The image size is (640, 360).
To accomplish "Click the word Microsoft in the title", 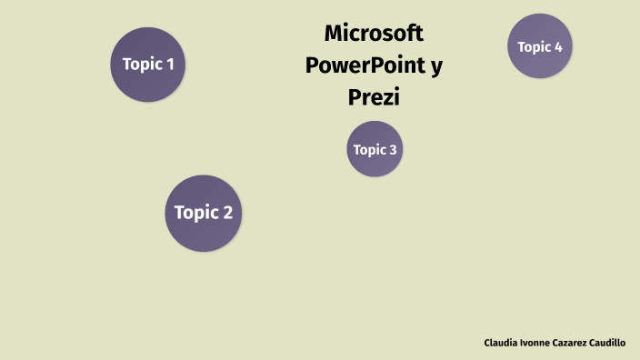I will [374, 34].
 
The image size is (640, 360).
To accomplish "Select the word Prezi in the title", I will [374, 96].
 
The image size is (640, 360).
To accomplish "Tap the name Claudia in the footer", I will [501, 343].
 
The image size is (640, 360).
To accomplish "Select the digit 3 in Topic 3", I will [393, 150].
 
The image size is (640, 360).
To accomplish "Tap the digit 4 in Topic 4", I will [557, 46].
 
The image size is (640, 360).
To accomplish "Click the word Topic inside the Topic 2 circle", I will [195, 213].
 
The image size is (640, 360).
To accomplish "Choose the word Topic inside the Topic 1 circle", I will [141, 65].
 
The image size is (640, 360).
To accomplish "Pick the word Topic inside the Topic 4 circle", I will [534, 46].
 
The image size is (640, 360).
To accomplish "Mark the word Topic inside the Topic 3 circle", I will [369, 150].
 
